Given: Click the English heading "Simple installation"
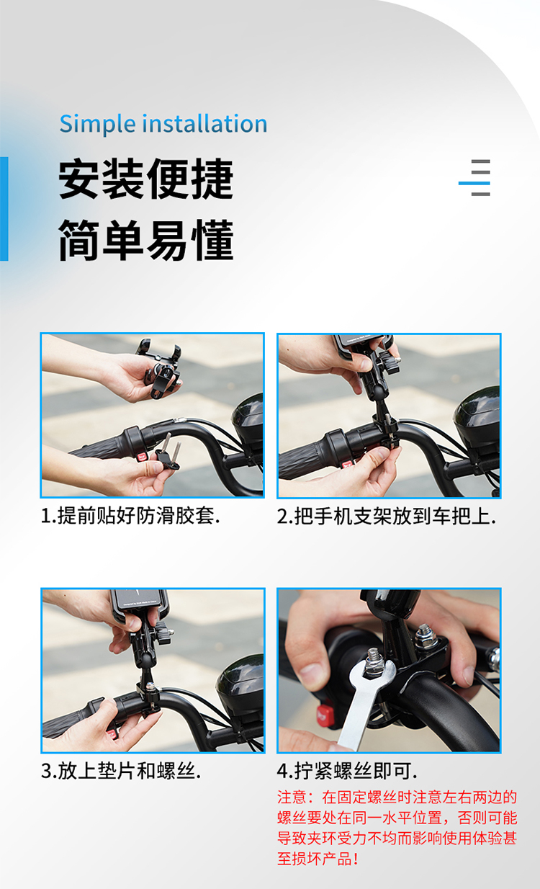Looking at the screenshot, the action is coord(163,123).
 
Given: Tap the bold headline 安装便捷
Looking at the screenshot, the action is coord(146,179).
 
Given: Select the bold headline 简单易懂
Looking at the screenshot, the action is coord(146,240).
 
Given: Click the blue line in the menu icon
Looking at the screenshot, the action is coord(474,183).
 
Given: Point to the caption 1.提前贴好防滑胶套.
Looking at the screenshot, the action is coord(130,516).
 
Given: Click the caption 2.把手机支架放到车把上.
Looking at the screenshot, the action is coord(387,517).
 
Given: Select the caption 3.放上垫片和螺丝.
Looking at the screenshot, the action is coord(121,771).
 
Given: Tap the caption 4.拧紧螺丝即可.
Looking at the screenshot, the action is coord(347,771).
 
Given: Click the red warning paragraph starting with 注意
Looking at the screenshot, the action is coord(397,828).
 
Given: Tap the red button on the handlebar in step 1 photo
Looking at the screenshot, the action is coord(142,456).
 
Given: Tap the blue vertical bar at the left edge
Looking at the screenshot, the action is coord(4,209).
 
